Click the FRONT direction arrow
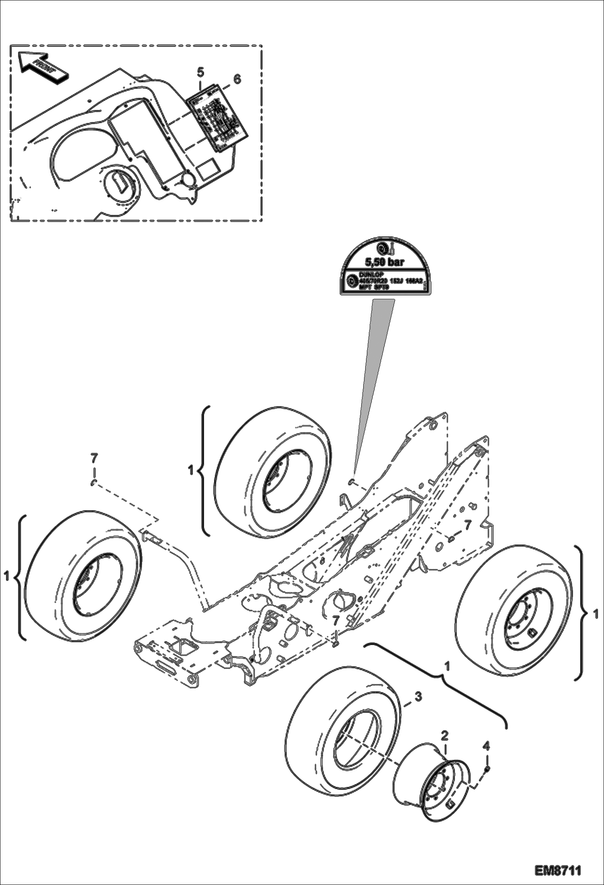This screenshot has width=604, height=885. click(x=42, y=66)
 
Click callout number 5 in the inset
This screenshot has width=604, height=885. click(x=200, y=72)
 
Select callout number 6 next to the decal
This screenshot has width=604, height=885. click(x=237, y=79)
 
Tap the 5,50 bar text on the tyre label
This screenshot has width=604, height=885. click(x=384, y=262)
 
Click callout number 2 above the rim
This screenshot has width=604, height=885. click(x=444, y=735)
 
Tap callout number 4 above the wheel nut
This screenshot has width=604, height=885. click(x=487, y=746)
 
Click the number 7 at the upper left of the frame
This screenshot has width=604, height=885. click(x=94, y=458)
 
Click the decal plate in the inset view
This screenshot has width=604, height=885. click(x=218, y=118)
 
